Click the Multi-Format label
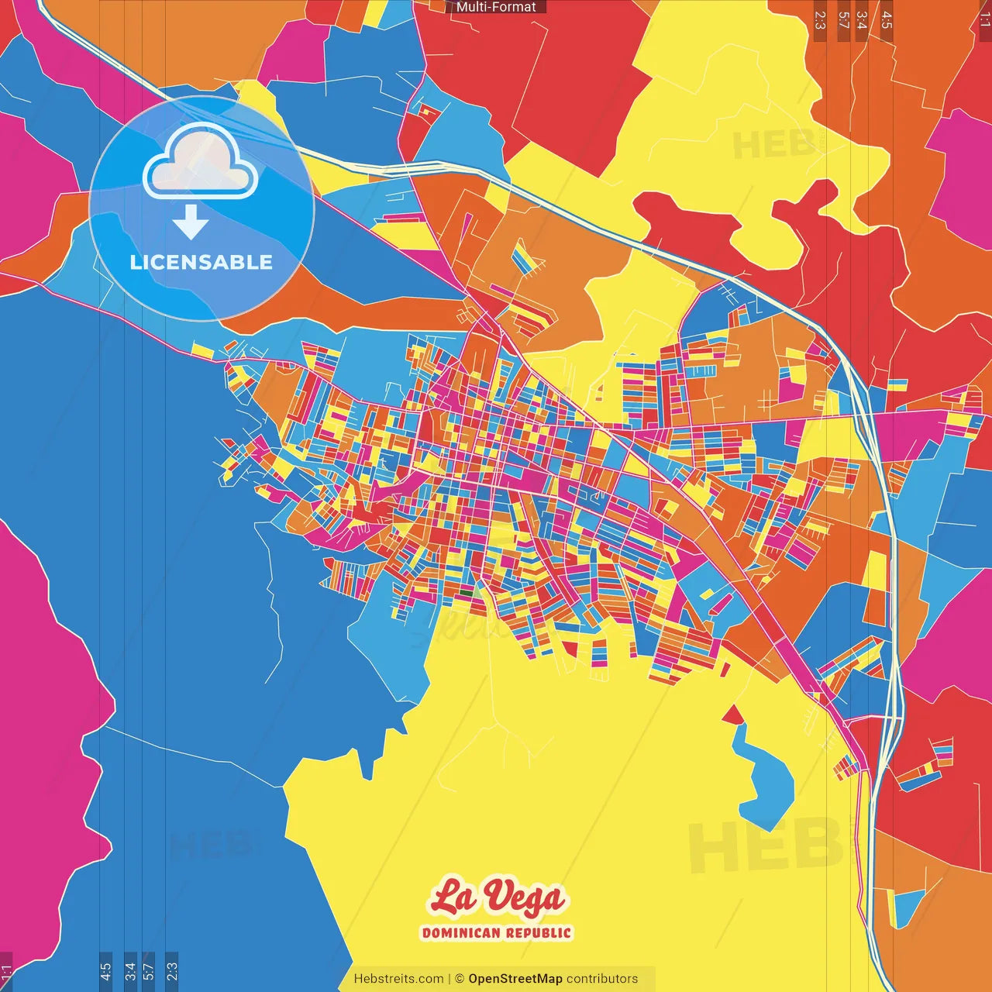click(x=496, y=7)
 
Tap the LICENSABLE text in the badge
click(x=201, y=262)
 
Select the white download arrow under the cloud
click(x=191, y=223)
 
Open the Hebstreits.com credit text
click(x=398, y=979)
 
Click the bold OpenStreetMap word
click(x=515, y=979)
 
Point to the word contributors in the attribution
click(x=602, y=979)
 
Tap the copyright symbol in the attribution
click(x=459, y=979)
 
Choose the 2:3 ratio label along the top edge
click(x=820, y=20)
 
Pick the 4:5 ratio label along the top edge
click(x=887, y=20)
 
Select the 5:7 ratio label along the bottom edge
click(x=149, y=971)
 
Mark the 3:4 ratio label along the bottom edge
click(x=130, y=971)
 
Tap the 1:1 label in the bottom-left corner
click(x=6, y=973)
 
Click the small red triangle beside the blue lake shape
click(x=732, y=715)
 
